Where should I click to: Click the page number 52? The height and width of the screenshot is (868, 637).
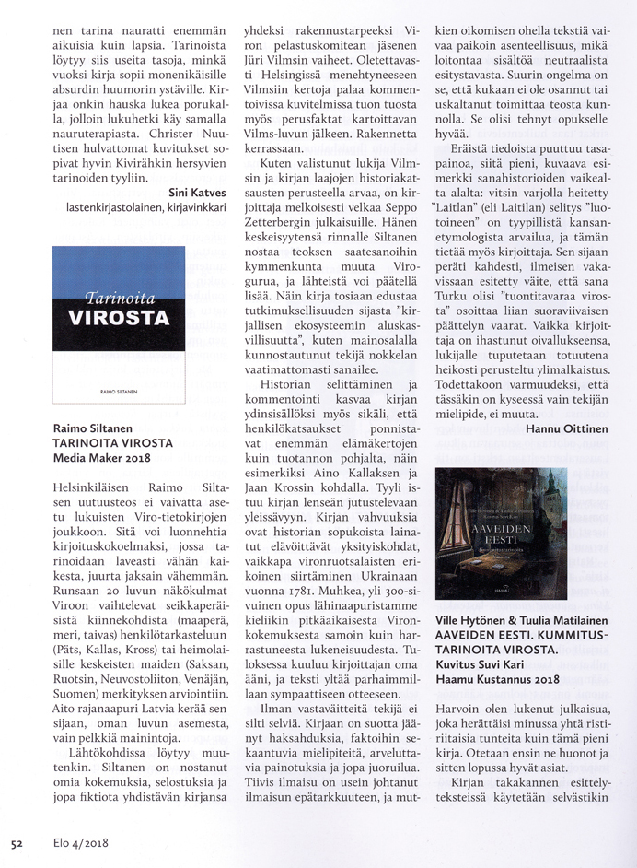17,842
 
